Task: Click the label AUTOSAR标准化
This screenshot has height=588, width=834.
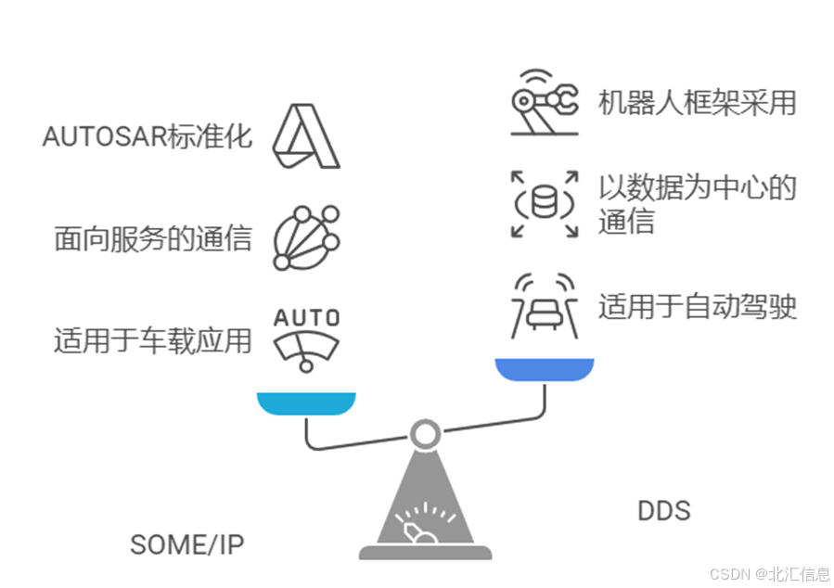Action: [x=148, y=137]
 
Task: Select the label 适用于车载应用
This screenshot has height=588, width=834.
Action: [x=153, y=340]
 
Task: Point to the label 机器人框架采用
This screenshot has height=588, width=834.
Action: [x=697, y=102]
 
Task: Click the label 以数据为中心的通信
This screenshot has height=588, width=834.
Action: [x=697, y=204]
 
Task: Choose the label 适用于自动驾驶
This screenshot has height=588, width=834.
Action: [x=697, y=306]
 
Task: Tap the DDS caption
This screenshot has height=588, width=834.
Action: [x=663, y=511]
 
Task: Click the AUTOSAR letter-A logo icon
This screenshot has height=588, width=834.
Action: [x=305, y=137]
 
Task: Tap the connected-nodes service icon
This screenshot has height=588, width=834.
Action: [x=305, y=238]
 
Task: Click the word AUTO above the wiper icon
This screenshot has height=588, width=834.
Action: [x=305, y=317]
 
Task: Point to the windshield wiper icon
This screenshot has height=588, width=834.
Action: [x=305, y=350]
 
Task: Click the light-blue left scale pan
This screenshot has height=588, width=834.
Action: [x=306, y=403]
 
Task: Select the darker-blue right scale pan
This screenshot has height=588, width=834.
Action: [x=544, y=370]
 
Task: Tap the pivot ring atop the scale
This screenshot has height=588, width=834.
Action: [x=425, y=432]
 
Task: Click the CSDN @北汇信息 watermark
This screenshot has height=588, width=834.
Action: [x=768, y=573]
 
